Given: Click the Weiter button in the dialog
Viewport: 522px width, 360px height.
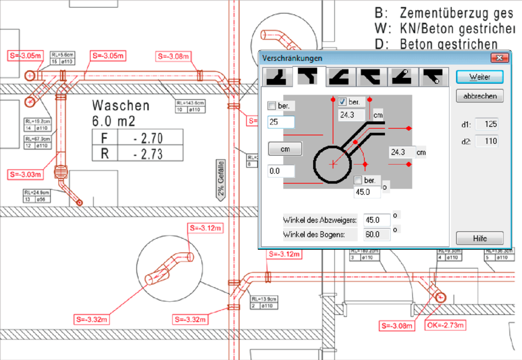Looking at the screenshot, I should [x=479, y=77].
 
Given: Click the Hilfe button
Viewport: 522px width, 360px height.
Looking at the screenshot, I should [x=479, y=238].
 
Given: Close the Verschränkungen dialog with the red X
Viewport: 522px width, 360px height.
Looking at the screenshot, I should [x=498, y=58].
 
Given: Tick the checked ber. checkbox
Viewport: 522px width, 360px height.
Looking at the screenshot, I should [x=343, y=101].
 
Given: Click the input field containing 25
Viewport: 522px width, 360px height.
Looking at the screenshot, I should [x=281, y=122].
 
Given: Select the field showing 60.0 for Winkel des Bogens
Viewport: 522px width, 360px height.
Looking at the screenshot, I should [x=377, y=234].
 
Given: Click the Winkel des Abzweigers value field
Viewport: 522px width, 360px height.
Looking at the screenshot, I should [x=377, y=219].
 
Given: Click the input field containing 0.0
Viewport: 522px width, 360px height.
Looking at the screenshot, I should [x=281, y=172].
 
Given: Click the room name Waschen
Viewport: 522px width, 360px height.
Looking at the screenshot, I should [x=120, y=105].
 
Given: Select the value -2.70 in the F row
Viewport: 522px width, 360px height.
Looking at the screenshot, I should [x=149, y=138].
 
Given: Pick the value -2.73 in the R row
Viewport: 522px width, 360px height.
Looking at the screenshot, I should [x=149, y=154].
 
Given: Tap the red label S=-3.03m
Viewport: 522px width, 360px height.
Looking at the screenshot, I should [x=26, y=174].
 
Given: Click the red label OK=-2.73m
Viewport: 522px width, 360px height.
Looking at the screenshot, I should [x=445, y=325].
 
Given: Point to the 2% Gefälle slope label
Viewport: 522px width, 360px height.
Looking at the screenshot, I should [x=221, y=179].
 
